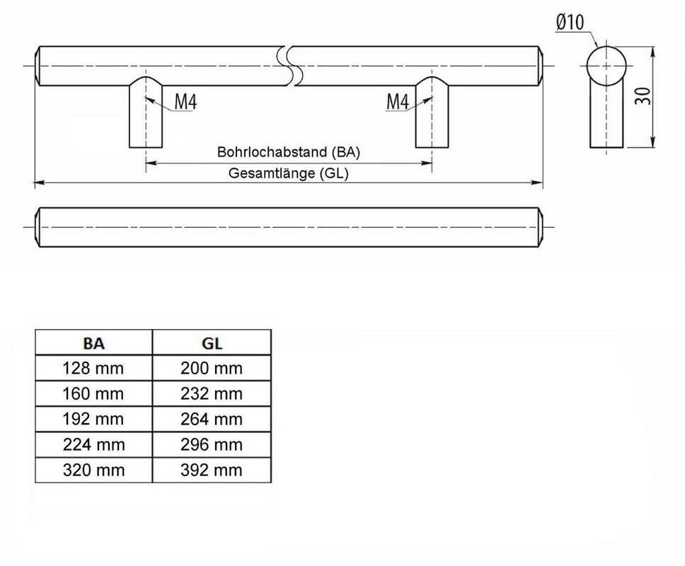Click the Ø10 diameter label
(570, 22)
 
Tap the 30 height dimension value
(643, 96)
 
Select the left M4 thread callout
(185, 102)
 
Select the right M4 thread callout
(398, 102)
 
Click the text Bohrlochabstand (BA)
(288, 152)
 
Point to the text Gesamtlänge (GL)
(288, 173)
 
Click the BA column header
(93, 343)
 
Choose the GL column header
(212, 343)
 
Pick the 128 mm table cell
(93, 368)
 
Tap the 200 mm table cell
(212, 368)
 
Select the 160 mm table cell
(93, 393)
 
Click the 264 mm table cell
(212, 420)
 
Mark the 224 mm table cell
(93, 444)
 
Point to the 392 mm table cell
(212, 470)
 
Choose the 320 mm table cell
(93, 470)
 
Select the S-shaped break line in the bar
(289, 66)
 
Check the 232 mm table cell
(212, 393)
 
